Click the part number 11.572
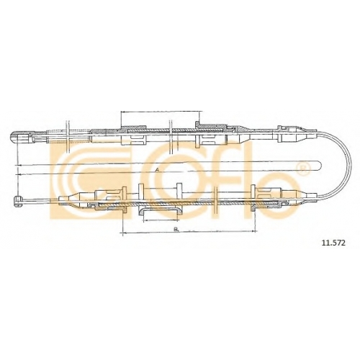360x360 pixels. [333, 243]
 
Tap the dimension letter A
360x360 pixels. [157, 170]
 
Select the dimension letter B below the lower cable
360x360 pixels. [176, 230]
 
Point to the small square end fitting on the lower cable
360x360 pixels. [17, 202]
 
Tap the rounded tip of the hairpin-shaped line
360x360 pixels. [321, 166]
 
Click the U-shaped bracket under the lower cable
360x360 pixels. [159, 210]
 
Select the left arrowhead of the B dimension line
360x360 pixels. [125, 233]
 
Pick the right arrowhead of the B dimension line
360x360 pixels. [253, 231]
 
